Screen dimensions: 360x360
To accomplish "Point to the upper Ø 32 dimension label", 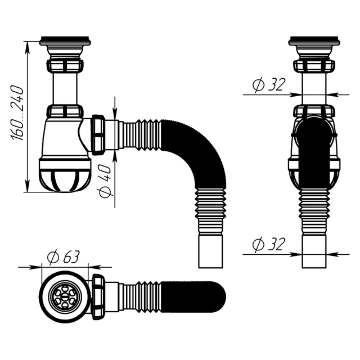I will (x=269, y=85).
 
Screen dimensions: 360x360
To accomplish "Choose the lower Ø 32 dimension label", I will (x=269, y=245).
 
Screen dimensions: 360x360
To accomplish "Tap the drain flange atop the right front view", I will (x=314, y=42).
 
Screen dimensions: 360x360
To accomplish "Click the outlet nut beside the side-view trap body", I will (x=98, y=134).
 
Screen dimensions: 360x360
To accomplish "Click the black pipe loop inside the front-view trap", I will (x=314, y=146).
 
